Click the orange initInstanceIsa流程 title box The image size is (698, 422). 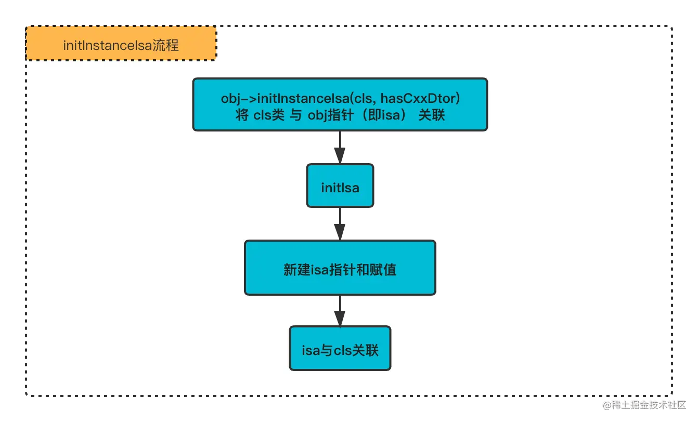121,45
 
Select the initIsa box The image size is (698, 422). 340,186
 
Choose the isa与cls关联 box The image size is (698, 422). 340,349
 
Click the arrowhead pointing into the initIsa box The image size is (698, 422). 340,155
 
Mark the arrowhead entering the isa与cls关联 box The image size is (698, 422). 340,318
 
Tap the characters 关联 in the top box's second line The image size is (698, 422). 431,115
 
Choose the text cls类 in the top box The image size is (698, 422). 265,115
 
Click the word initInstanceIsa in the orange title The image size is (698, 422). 107,45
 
